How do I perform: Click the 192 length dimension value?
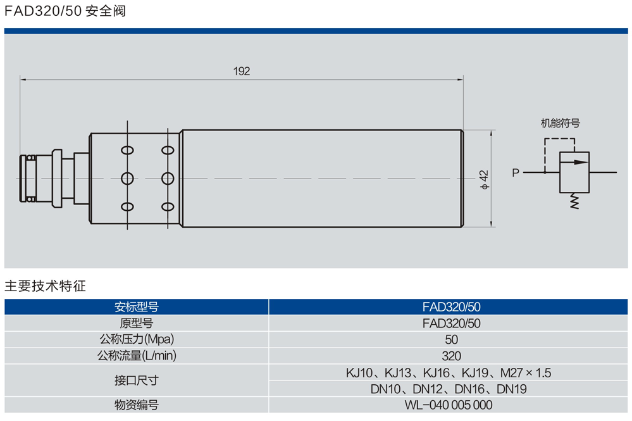(x=242, y=72)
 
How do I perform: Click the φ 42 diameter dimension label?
(x=484, y=179)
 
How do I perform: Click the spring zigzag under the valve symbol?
(x=574, y=201)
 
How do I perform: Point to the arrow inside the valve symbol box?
(x=573, y=161)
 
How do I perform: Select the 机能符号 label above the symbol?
(x=560, y=123)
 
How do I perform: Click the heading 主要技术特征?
(x=45, y=286)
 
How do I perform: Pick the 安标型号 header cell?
(x=136, y=307)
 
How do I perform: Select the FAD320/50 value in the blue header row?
(x=451, y=307)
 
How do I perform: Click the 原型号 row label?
(x=136, y=324)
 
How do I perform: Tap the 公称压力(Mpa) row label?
(x=136, y=339)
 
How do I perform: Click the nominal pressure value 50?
(x=451, y=340)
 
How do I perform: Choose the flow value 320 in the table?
(x=451, y=356)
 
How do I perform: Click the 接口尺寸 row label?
(x=136, y=380)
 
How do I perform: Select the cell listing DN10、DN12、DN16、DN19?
(x=451, y=389)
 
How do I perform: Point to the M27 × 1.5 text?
(x=526, y=373)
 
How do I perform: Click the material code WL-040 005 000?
(x=451, y=405)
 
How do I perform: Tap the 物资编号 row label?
(x=136, y=405)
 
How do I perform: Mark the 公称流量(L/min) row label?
(x=136, y=356)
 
